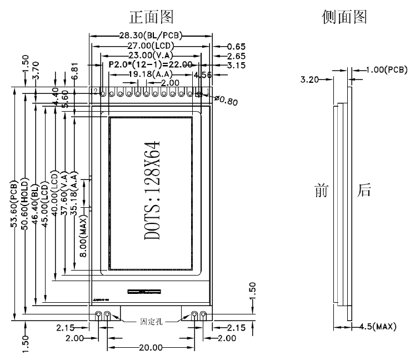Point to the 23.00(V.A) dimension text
click(x=150, y=56)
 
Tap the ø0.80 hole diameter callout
click(x=225, y=101)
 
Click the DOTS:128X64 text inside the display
click(x=152, y=191)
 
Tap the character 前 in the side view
click(x=322, y=192)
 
